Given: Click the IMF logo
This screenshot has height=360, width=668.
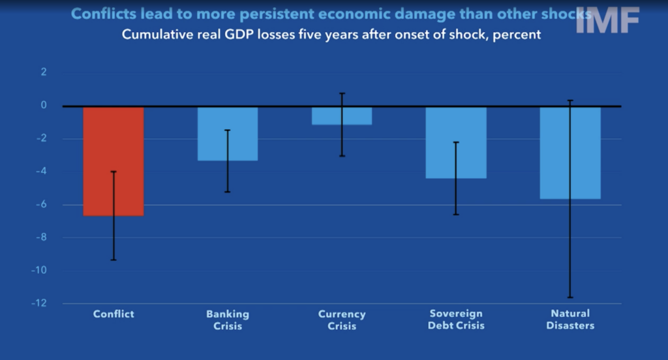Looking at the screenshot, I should (x=607, y=21).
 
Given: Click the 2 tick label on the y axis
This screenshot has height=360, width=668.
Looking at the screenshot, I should (x=44, y=72).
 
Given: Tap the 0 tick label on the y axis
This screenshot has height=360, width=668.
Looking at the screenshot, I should (x=44, y=105).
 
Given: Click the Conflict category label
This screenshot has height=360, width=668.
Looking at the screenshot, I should (x=114, y=314).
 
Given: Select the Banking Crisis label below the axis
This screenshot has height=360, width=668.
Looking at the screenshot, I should (x=228, y=320).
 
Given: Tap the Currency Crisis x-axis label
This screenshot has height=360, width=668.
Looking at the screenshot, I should (x=342, y=320).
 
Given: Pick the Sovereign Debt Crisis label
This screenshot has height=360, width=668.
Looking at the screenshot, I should (x=456, y=320).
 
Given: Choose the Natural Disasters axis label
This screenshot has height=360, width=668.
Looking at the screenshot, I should (x=570, y=320).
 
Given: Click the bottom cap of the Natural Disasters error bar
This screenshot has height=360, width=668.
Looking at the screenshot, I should (x=570, y=297).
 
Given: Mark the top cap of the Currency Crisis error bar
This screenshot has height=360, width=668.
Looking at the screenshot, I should (x=342, y=93).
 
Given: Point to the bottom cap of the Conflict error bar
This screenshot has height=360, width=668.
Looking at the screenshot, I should (x=114, y=260).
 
